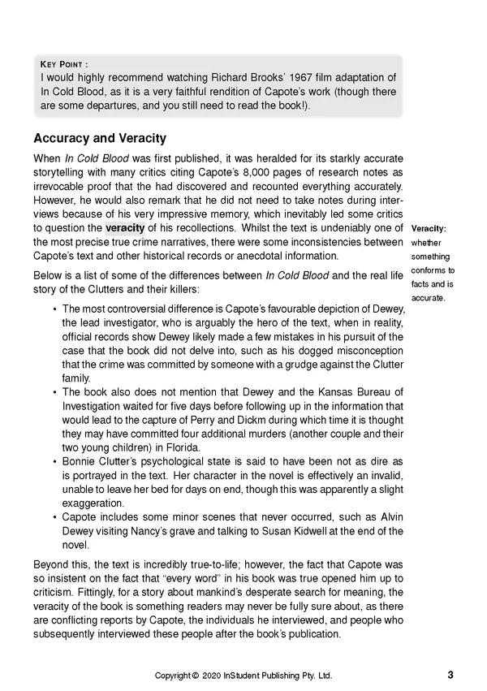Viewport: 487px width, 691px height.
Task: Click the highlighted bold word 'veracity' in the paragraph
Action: pos(127,227)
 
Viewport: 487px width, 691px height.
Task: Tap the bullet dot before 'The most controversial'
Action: pos(54,309)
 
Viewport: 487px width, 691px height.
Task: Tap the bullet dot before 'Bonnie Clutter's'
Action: pos(54,462)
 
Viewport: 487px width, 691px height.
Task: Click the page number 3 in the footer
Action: pos(449,674)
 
